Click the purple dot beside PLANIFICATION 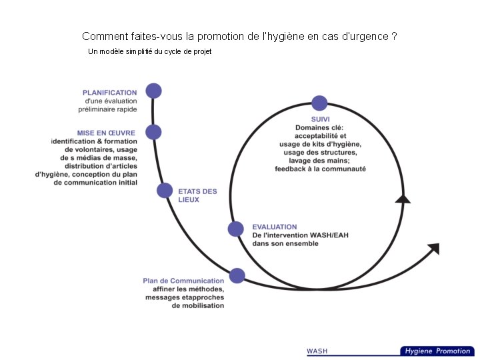(153, 91)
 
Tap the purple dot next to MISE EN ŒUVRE (153, 132)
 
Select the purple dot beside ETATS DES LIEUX (165, 191)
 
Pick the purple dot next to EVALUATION (236, 229)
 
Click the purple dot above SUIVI (319, 103)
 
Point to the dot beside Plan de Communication (237, 275)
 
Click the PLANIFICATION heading (110, 93)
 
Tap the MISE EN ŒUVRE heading (106, 133)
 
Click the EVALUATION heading (275, 227)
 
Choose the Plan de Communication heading (183, 281)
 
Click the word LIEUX (189, 199)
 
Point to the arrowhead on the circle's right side (403, 198)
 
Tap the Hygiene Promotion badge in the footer (437, 351)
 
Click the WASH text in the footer (317, 351)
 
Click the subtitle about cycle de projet (149, 51)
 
